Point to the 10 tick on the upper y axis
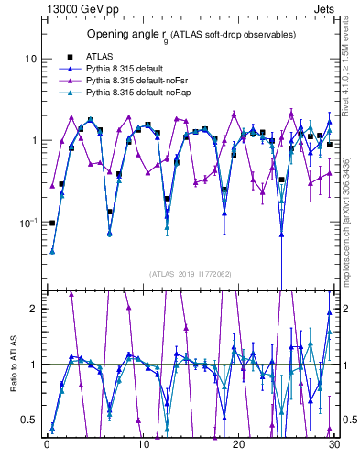[x=29, y=59]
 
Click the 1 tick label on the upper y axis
[x=33, y=140]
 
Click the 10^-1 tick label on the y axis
[x=27, y=222]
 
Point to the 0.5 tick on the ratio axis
[x=29, y=420]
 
